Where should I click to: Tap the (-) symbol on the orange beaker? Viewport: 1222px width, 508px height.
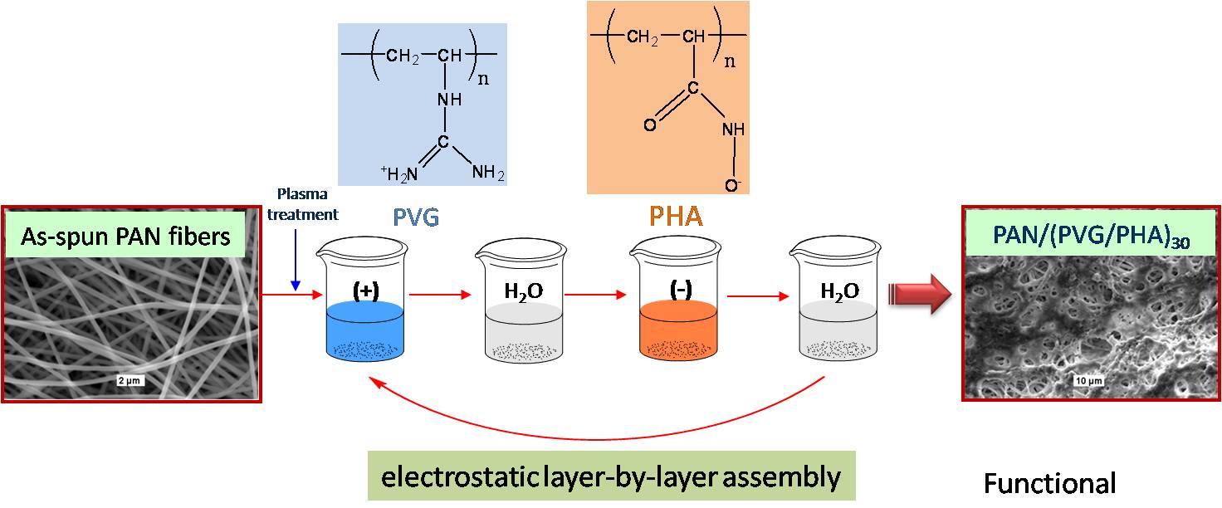pyautogui.click(x=677, y=291)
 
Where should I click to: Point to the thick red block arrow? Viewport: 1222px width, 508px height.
pyautogui.click(x=918, y=296)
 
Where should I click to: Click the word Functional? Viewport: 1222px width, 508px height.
pyautogui.click(x=1050, y=483)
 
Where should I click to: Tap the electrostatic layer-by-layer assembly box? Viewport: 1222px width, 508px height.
pyautogui.click(x=611, y=476)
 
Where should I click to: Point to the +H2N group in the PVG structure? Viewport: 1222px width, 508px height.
pyautogui.click(x=398, y=173)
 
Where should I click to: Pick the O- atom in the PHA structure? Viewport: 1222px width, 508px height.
pyautogui.click(x=731, y=185)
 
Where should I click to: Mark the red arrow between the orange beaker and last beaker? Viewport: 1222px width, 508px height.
pyautogui.click(x=753, y=294)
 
